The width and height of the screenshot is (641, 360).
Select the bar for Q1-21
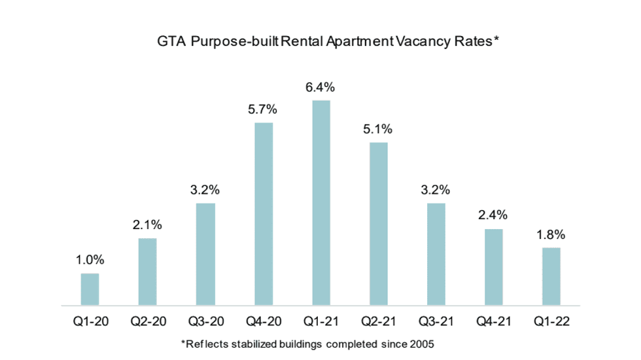coord(320,203)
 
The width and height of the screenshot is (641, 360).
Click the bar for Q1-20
coord(90,289)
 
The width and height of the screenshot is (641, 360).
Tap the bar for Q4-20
coord(263,214)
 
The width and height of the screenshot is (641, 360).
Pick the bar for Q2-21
coord(378,224)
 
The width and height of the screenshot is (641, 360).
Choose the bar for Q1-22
coord(551,276)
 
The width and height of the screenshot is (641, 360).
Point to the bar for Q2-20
coord(148,272)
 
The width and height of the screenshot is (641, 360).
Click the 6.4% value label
coord(320,87)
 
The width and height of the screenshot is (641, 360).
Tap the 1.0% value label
coord(90,259)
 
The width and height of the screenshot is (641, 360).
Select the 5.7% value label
coord(263,109)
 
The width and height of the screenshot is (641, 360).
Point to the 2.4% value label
coord(493,215)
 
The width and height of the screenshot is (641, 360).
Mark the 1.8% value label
coord(551,234)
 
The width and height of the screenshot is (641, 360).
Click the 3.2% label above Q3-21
coord(436,190)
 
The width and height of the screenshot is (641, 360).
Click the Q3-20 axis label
coord(205,322)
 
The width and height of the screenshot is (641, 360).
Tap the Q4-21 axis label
coord(493,322)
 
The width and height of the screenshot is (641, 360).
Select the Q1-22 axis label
coord(551,322)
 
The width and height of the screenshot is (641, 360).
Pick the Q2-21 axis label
coord(378,322)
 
